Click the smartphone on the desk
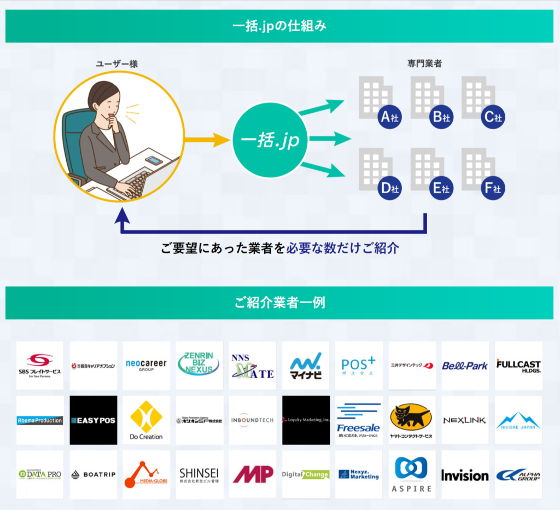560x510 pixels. pyautogui.click(x=154, y=161)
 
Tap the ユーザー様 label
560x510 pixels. pyautogui.click(x=116, y=64)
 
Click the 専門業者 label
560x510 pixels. pyautogui.click(x=424, y=64)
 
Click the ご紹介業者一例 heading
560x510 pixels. pyautogui.click(x=279, y=302)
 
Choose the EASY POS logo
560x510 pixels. pyautogui.click(x=94, y=420)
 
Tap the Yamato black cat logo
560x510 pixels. pyautogui.click(x=411, y=420)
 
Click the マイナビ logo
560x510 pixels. pyautogui.click(x=306, y=366)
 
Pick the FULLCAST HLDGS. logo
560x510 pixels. pyautogui.click(x=518, y=366)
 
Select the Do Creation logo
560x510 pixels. pyautogui.click(x=146, y=420)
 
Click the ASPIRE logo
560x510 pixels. pyautogui.click(x=411, y=474)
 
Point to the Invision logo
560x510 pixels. pyautogui.click(x=465, y=475)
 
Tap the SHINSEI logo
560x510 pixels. pyautogui.click(x=199, y=474)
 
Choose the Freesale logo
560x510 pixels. pyautogui.click(x=358, y=420)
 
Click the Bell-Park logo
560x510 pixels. pyautogui.click(x=465, y=366)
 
